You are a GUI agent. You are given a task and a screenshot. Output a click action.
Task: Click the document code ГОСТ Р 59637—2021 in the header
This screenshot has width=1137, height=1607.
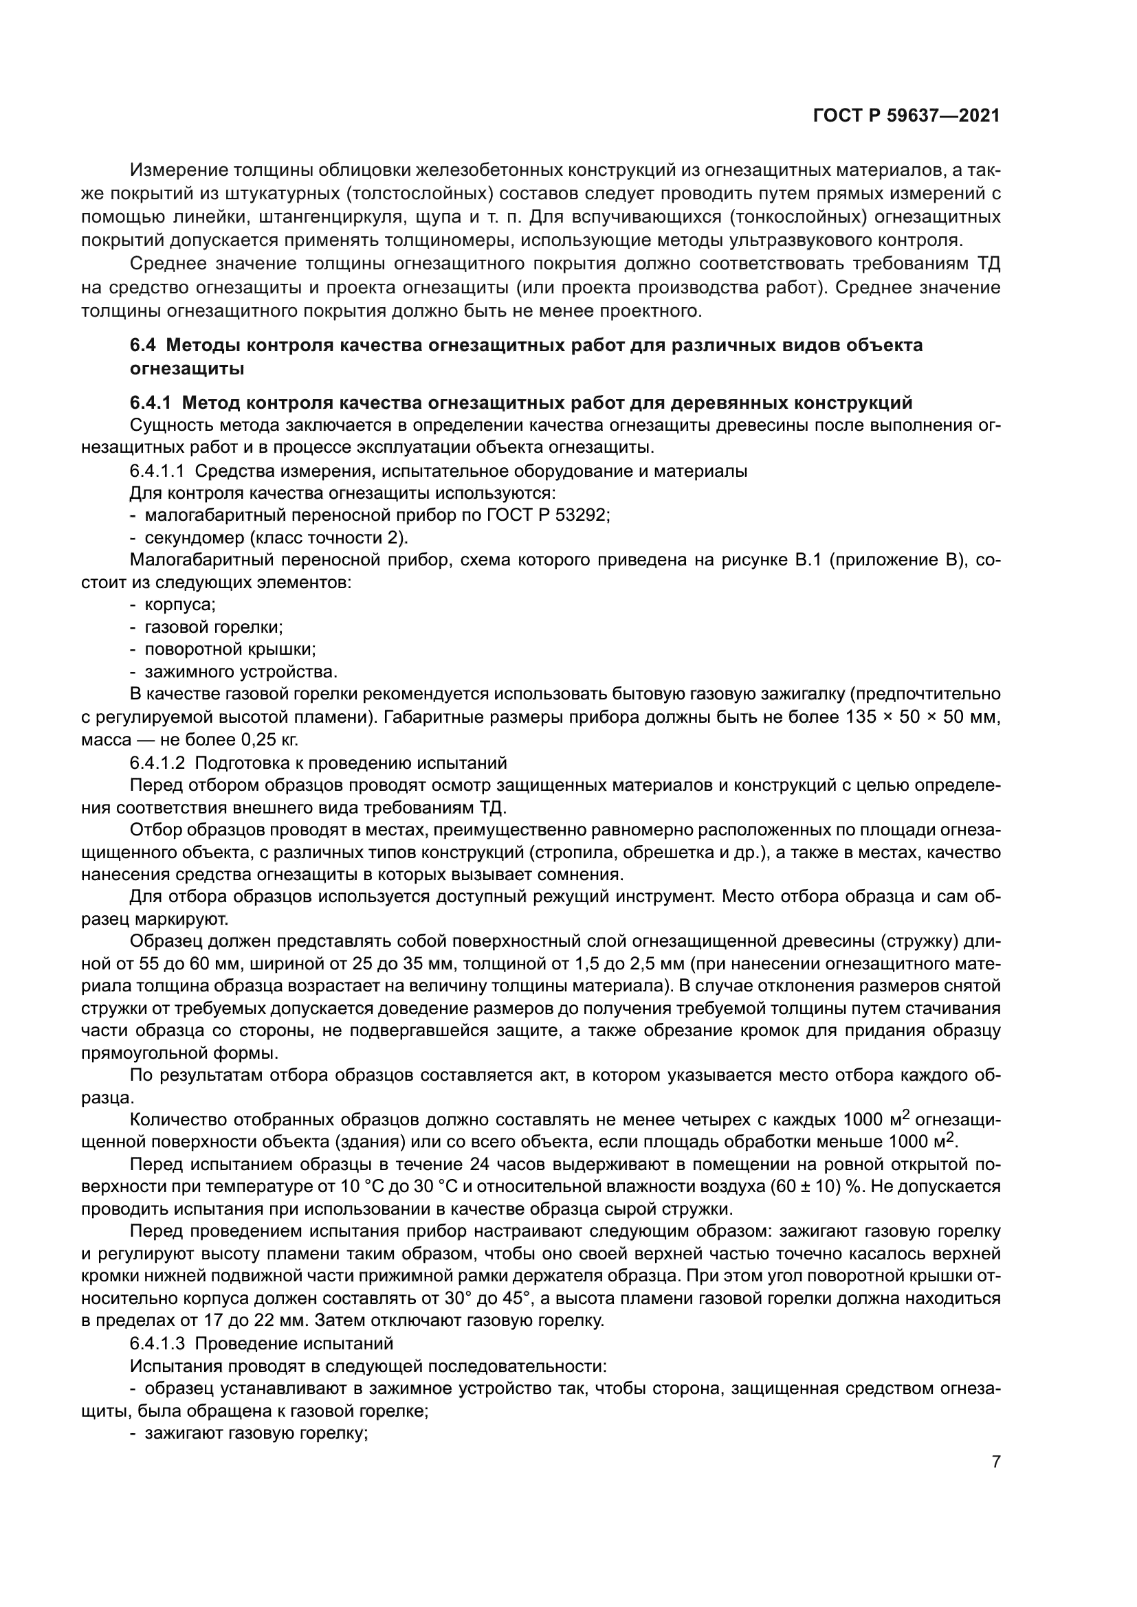click(906, 116)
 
